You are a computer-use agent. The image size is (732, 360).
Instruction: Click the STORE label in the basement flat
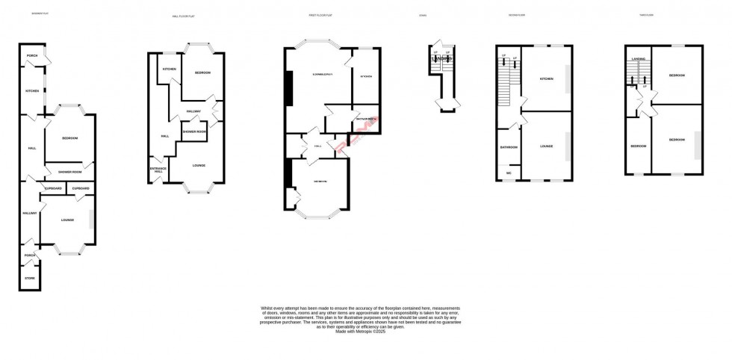30,278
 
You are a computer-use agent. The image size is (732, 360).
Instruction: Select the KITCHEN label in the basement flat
32,91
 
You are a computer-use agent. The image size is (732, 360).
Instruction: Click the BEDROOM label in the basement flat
69,138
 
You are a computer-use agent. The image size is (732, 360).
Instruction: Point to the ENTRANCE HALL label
158,170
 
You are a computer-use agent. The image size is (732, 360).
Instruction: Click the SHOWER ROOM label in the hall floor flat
194,131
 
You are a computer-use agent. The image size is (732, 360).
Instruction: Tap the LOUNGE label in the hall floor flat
199,165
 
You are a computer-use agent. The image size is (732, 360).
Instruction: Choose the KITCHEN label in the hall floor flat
169,69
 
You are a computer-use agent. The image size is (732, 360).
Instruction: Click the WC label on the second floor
509,173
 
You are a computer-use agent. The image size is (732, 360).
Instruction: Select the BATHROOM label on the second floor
509,146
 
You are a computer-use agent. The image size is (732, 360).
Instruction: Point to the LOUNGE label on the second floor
546,146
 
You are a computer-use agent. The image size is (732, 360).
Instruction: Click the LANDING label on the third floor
638,58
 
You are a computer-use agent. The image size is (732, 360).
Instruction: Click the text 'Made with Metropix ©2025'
361,331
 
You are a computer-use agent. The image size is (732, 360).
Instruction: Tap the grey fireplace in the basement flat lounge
91,219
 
